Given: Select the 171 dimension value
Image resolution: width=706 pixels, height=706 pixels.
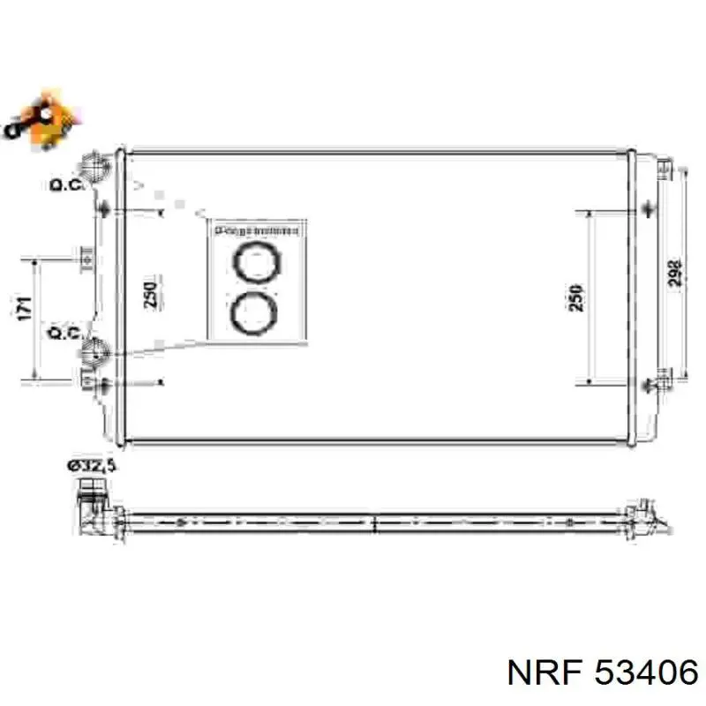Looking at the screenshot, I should click(24, 309).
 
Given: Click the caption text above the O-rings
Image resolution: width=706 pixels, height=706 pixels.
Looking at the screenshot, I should click(257, 230).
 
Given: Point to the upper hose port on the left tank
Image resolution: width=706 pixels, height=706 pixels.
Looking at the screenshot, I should click(94, 166).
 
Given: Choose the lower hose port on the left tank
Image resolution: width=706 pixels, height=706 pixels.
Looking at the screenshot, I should click(94, 353).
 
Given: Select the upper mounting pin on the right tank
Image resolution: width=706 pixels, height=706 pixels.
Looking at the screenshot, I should click(650, 208).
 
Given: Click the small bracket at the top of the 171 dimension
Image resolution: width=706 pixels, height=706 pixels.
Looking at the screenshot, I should click(86, 258).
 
